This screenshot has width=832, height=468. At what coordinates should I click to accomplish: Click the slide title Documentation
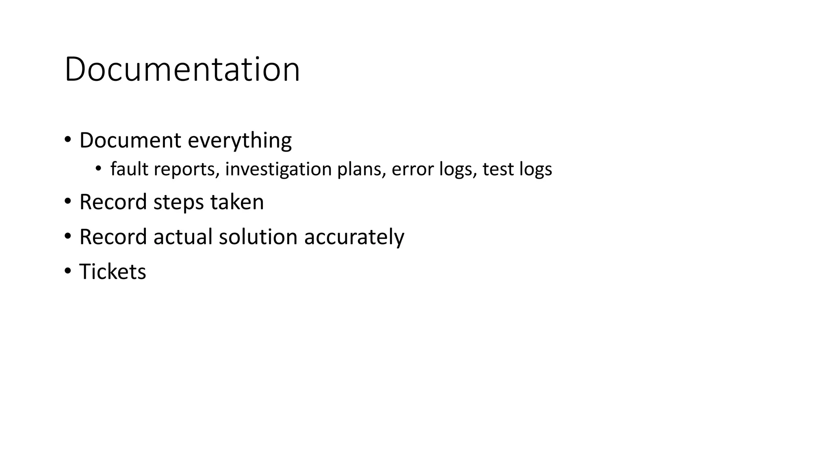pyautogui.click(x=182, y=69)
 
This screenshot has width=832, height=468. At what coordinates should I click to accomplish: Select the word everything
pyautogui.click(x=240, y=141)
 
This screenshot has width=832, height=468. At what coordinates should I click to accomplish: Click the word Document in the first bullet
pyautogui.click(x=130, y=141)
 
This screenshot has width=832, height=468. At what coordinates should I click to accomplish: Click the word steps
pyautogui.click(x=178, y=203)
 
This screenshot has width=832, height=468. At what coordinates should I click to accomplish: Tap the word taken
pyautogui.click(x=237, y=202)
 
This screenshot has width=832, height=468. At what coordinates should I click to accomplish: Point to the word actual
pyautogui.click(x=183, y=237)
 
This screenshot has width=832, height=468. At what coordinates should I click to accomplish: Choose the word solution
pyautogui.click(x=258, y=237)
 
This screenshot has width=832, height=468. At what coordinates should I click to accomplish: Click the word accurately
pyautogui.click(x=354, y=238)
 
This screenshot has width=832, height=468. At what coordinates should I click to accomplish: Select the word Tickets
pyautogui.click(x=113, y=272)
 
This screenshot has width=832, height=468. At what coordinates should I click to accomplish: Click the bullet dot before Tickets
pyautogui.click(x=67, y=271)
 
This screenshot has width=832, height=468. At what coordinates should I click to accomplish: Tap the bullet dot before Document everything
pyautogui.click(x=67, y=140)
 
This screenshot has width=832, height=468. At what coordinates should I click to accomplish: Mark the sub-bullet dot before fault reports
pyautogui.click(x=98, y=169)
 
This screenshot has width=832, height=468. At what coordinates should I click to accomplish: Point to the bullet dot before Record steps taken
pyautogui.click(x=67, y=201)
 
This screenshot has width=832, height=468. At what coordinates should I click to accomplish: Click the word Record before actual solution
pyautogui.click(x=113, y=237)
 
